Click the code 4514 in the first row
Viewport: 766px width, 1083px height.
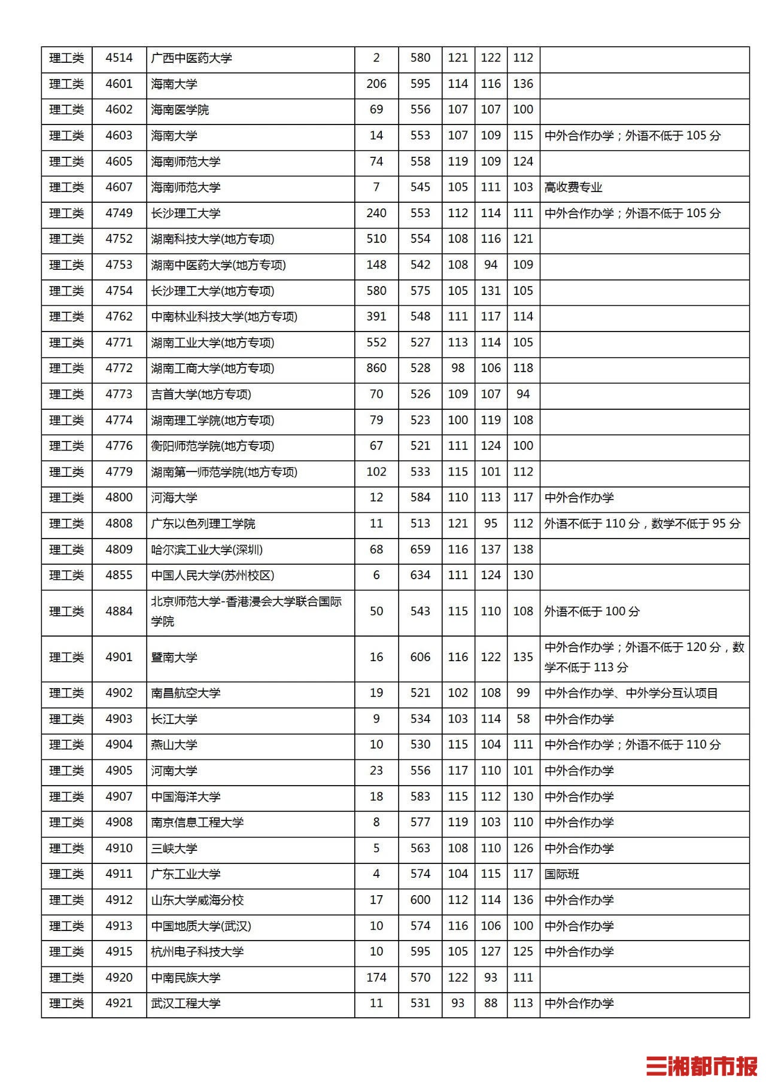pos(118,58)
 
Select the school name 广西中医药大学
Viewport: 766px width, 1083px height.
pos(191,58)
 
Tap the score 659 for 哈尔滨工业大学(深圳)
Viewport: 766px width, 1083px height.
pos(420,549)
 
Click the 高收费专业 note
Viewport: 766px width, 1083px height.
pos(573,187)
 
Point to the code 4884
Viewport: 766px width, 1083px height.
pos(118,612)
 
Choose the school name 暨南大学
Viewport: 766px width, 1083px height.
pos(174,657)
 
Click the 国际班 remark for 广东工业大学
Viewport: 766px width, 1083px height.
pos(562,874)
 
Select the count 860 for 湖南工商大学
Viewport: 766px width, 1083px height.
pos(376,368)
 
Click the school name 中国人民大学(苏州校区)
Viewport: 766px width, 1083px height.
pos(212,575)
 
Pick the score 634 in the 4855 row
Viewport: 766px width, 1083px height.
pos(420,575)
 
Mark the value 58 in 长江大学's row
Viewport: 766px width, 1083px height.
pos(523,719)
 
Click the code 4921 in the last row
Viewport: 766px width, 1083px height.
pos(118,1003)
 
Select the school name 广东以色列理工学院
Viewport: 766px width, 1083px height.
pos(203,524)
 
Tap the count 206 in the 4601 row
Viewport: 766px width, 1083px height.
pos(376,84)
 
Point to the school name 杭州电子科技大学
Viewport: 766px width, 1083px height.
pos(197,951)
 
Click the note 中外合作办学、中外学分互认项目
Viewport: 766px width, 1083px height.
pos(631,693)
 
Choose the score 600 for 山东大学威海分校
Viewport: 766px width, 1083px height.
pos(420,900)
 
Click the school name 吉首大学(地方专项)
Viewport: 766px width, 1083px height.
pos(201,394)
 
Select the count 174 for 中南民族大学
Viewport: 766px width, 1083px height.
pos(376,978)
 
